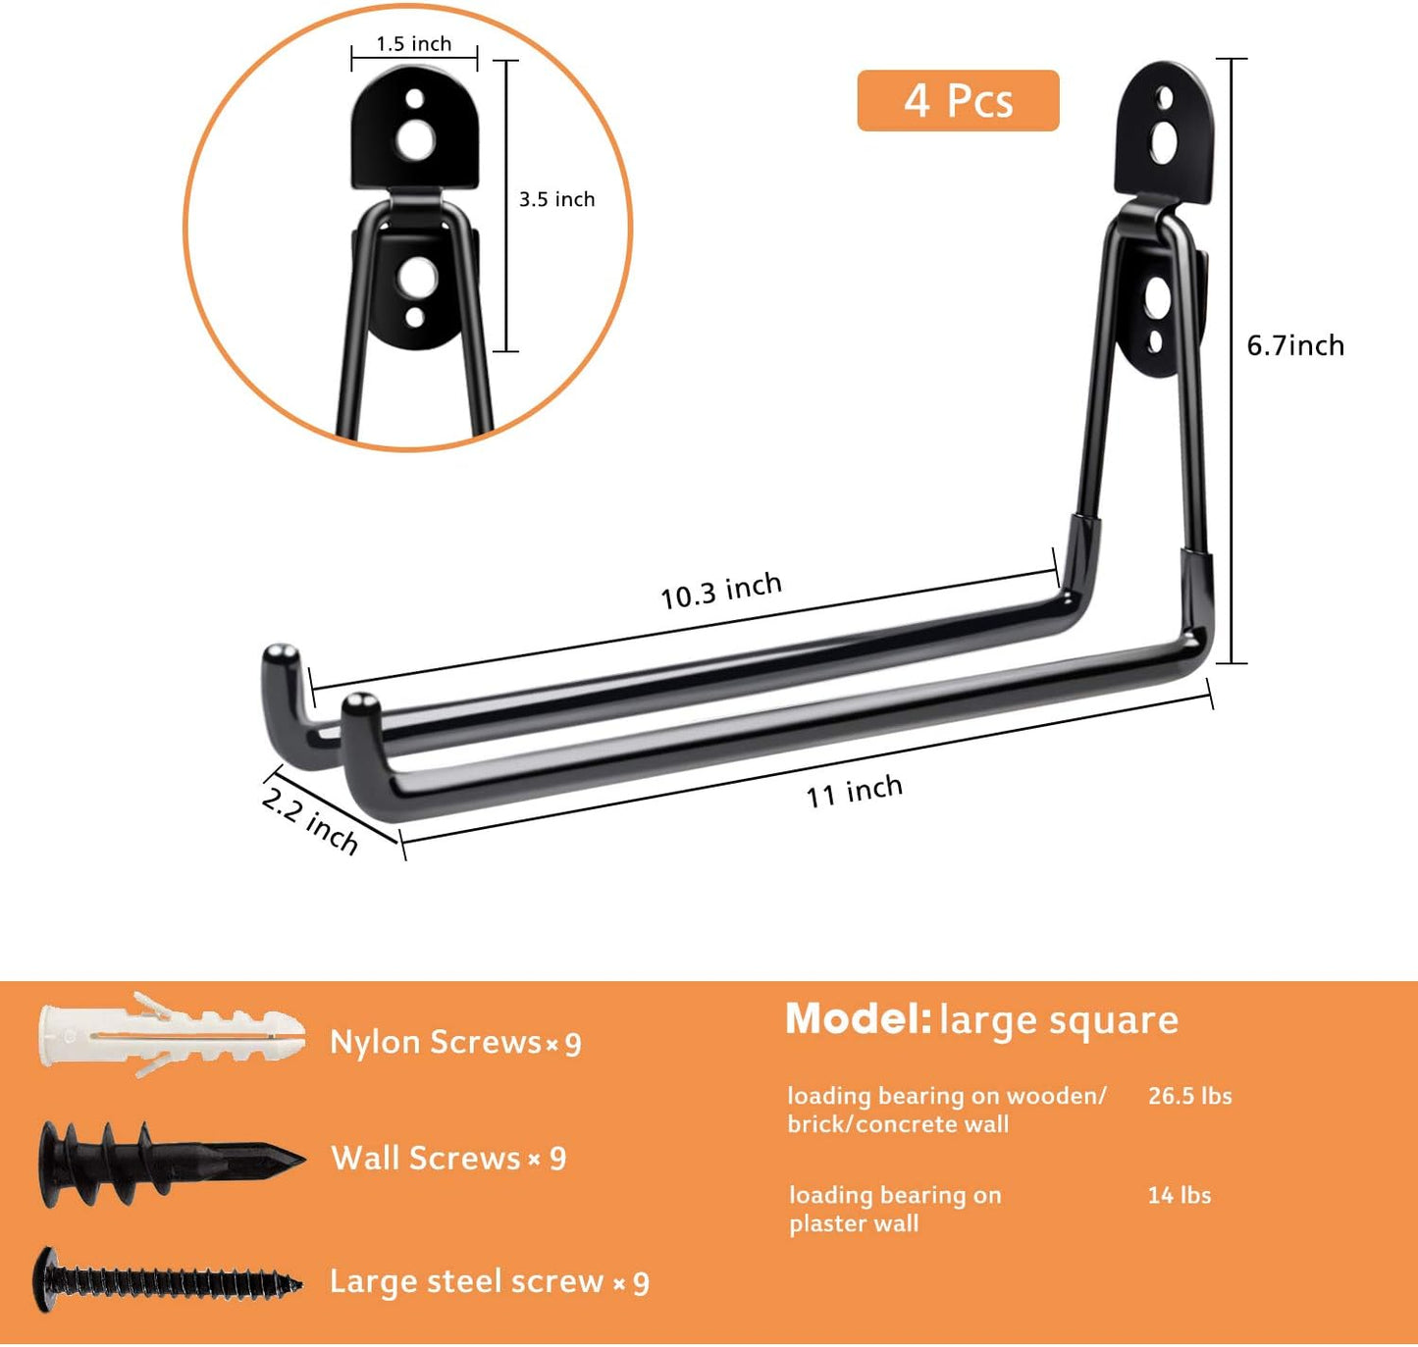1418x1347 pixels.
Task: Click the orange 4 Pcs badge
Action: (x=958, y=100)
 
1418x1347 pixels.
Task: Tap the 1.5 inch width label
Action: (x=414, y=44)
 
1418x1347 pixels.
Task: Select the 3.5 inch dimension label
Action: (x=556, y=199)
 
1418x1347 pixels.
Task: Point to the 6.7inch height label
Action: (x=1295, y=345)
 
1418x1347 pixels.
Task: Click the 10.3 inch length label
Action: (x=721, y=591)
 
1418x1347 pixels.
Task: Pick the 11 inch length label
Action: (x=854, y=791)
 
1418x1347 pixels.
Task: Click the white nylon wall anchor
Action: (x=172, y=1037)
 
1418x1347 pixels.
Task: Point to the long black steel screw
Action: (x=167, y=1280)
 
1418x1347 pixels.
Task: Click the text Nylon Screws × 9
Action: (x=455, y=1042)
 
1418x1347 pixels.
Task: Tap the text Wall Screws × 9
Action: (x=448, y=1159)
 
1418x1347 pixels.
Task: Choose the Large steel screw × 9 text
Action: (x=489, y=1282)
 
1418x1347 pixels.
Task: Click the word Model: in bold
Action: (x=858, y=1019)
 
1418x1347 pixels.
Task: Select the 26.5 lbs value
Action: (x=1189, y=1096)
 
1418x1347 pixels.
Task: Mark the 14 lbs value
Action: (x=1179, y=1195)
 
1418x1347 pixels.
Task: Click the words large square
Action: (x=1059, y=1020)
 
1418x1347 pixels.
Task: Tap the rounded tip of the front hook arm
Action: (x=361, y=703)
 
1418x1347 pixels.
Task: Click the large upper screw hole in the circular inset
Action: (x=415, y=138)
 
